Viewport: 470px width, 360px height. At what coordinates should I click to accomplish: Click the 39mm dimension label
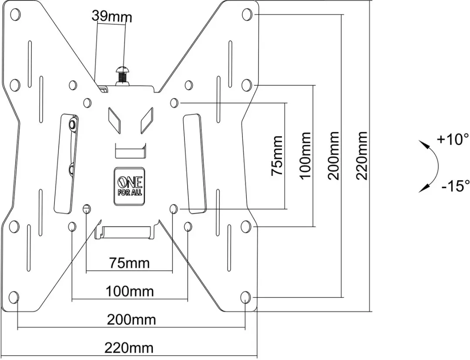(x=112, y=16)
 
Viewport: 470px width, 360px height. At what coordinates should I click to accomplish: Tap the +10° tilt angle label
(x=453, y=139)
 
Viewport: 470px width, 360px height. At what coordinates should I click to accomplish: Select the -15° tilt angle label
(x=455, y=186)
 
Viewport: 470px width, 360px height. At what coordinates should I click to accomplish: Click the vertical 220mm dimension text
(x=362, y=155)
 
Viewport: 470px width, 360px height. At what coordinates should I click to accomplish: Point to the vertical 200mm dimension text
(x=334, y=155)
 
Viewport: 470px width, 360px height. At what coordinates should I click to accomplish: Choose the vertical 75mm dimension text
(x=277, y=155)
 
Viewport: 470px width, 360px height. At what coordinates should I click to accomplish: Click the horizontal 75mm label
(x=129, y=263)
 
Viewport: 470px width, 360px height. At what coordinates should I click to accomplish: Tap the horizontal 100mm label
(x=130, y=291)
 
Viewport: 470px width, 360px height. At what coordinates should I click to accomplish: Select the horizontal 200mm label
(x=131, y=320)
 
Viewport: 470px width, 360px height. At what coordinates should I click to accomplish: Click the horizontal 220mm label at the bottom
(x=129, y=348)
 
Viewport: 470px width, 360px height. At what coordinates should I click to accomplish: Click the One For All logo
(x=130, y=186)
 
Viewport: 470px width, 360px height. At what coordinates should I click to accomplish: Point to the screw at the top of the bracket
(x=122, y=76)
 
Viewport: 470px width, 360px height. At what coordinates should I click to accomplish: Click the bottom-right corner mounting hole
(x=245, y=297)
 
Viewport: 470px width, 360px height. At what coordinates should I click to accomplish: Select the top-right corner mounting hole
(x=247, y=14)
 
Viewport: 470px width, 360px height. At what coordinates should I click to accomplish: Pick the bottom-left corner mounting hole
(x=14, y=297)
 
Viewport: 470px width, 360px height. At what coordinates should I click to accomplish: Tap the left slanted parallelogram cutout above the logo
(x=114, y=120)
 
